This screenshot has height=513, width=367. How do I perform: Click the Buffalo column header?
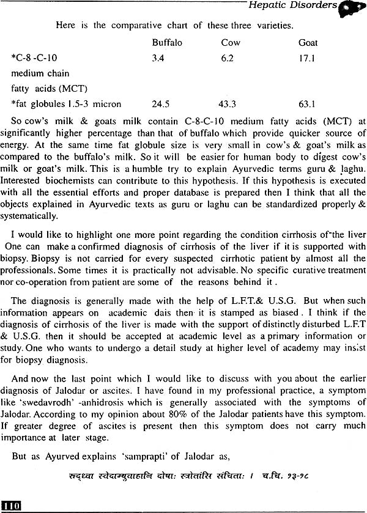click(166, 43)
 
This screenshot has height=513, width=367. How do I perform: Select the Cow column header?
click(231, 43)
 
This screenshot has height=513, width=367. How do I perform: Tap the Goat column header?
click(308, 43)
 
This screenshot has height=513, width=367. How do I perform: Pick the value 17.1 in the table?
click(306, 59)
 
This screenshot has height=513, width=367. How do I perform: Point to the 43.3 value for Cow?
click(229, 103)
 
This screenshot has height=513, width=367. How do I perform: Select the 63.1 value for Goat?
click(306, 103)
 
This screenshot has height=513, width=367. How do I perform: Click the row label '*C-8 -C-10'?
click(34, 59)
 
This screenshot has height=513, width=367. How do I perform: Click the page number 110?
click(12, 505)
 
